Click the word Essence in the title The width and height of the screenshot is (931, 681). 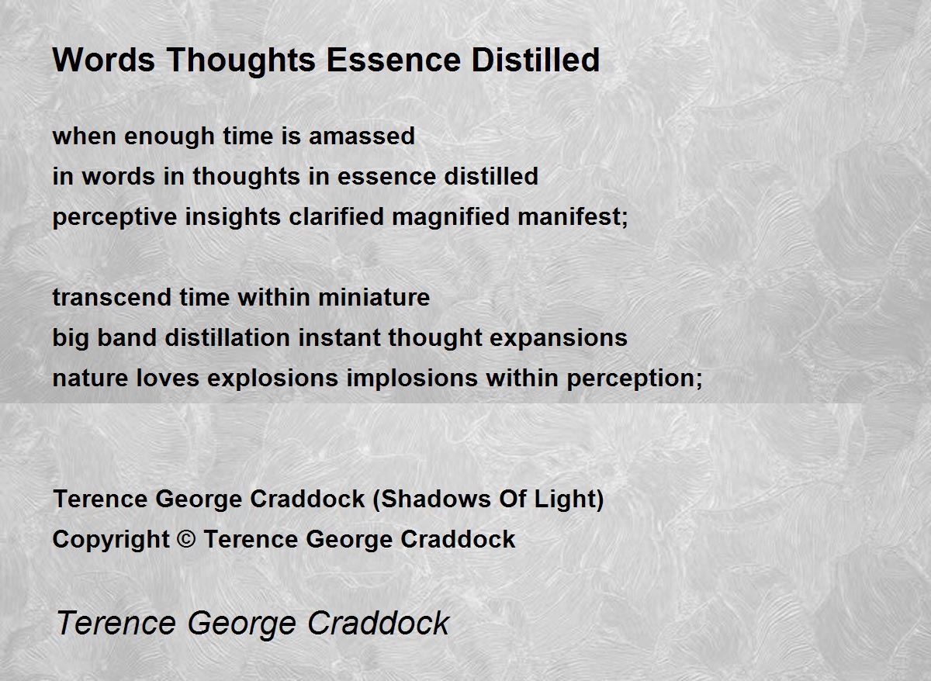pos(394,60)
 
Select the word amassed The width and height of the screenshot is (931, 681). pos(362,136)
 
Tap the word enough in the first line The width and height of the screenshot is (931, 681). pos(169,137)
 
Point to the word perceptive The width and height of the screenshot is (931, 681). pos(115,218)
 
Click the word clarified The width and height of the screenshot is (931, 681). pos(336,216)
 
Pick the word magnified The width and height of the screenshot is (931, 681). pos(451,218)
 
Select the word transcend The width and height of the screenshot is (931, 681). pos(112,298)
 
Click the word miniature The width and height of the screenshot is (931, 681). pos(374,298)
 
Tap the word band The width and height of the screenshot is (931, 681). pos(126,337)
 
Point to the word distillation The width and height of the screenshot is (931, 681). pos(227,337)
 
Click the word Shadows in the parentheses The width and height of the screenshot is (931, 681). pos(434,499)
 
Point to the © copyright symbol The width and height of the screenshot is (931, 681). pos(185,539)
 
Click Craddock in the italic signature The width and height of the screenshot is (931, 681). pos(379,624)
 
